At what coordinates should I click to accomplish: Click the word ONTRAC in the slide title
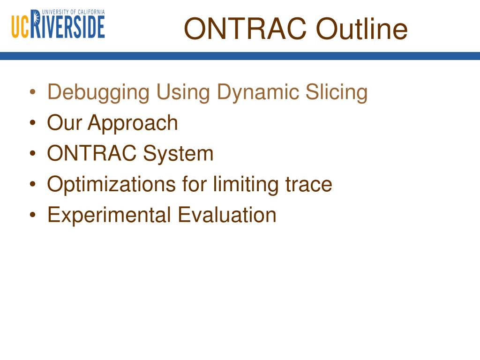245,29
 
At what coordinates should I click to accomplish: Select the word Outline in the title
361,29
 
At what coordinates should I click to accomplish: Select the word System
178,154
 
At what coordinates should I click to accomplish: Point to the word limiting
246,185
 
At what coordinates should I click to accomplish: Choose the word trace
308,185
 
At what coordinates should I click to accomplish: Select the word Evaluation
227,215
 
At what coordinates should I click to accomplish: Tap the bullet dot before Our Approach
33,123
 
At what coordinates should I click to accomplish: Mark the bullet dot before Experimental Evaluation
33,215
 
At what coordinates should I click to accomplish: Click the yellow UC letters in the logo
21,27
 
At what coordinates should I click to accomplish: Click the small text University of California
73,12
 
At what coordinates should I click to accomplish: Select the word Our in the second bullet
64,123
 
